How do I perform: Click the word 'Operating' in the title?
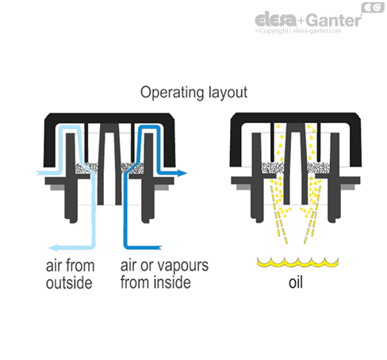[168, 93]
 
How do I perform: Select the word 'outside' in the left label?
[69, 283]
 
